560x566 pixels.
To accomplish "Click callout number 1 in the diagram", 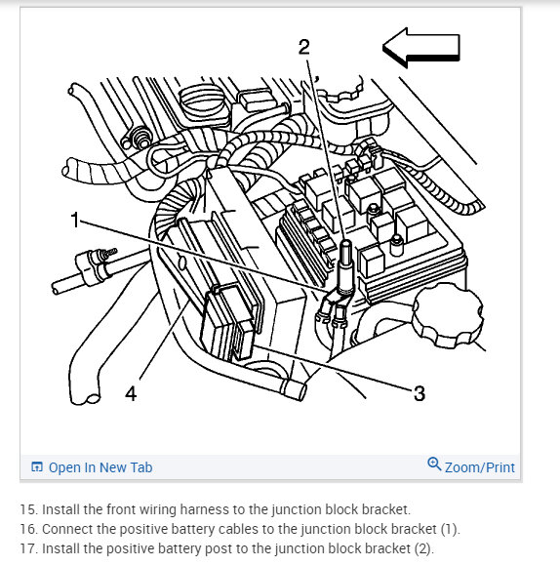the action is pyautogui.click(x=75, y=220).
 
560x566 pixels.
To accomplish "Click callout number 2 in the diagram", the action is pyautogui.click(x=303, y=47).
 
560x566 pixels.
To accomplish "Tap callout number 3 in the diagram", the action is pyautogui.click(x=420, y=393).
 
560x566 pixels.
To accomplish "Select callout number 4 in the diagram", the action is pyautogui.click(x=131, y=393).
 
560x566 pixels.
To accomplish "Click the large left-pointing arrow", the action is pyautogui.click(x=421, y=48).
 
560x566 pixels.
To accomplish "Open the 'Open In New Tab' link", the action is pyautogui.click(x=100, y=467).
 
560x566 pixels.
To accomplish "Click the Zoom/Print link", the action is pyautogui.click(x=480, y=467).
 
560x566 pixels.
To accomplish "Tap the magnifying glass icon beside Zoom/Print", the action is pyautogui.click(x=434, y=464).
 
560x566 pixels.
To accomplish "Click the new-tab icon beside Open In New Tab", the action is pyautogui.click(x=37, y=466).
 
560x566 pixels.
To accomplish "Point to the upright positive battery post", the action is pyautogui.click(x=346, y=265).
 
